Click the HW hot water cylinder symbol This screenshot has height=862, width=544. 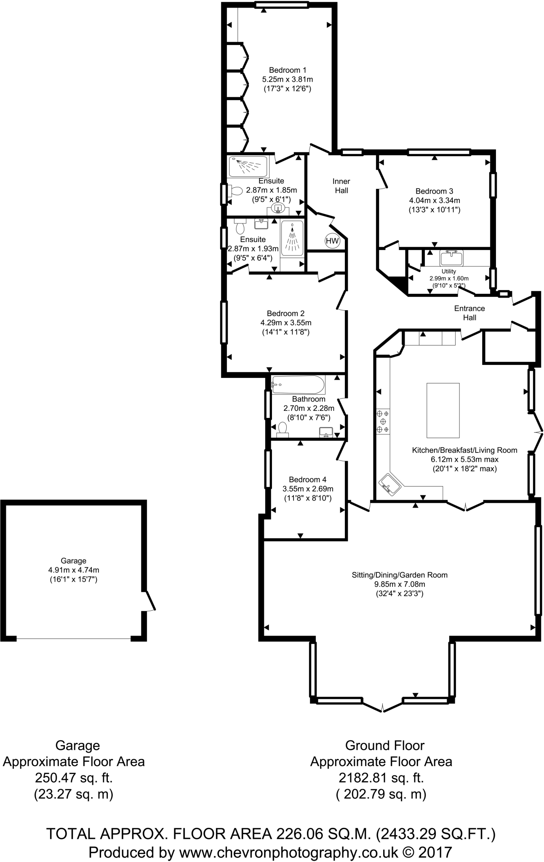tap(332, 241)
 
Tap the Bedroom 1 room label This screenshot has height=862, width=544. tap(287, 70)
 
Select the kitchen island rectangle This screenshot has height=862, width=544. tap(443, 410)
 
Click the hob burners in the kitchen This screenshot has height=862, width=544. tap(383, 421)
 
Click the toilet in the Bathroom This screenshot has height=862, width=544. tap(282, 429)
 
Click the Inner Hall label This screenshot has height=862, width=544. tap(341, 186)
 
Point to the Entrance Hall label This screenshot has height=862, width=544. tap(469, 313)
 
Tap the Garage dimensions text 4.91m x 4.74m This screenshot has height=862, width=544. tap(74, 570)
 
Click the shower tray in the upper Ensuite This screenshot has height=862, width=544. tap(248, 167)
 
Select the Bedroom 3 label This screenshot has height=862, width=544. tap(434, 191)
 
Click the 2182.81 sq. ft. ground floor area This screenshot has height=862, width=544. tap(381, 777)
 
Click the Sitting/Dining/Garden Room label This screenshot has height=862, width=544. tap(400, 575)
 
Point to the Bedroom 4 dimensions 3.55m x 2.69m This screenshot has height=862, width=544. tap(307, 489)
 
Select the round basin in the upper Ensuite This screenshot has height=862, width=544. tap(278, 207)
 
